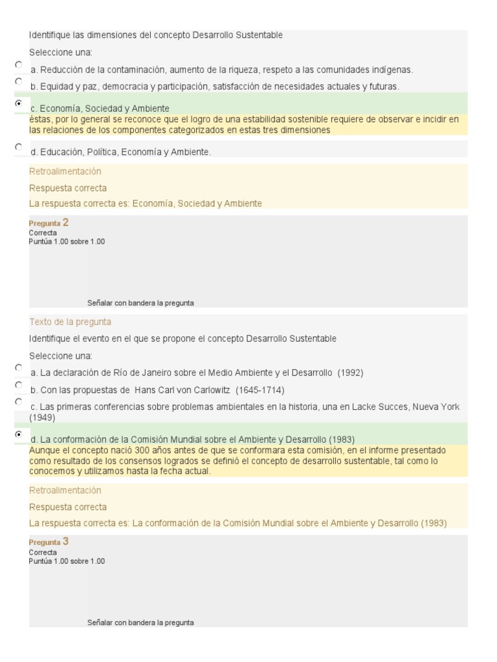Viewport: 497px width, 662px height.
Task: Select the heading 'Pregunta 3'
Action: click(x=49, y=542)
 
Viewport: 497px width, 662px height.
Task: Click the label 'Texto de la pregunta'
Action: click(x=71, y=322)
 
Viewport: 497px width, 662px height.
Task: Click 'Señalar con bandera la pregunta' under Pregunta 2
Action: click(x=140, y=303)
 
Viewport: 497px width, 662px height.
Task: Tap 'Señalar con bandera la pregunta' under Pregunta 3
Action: click(x=140, y=623)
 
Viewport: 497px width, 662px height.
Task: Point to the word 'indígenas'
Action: click(x=395, y=70)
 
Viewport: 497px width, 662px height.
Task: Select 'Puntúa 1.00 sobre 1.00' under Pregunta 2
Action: click(x=67, y=241)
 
